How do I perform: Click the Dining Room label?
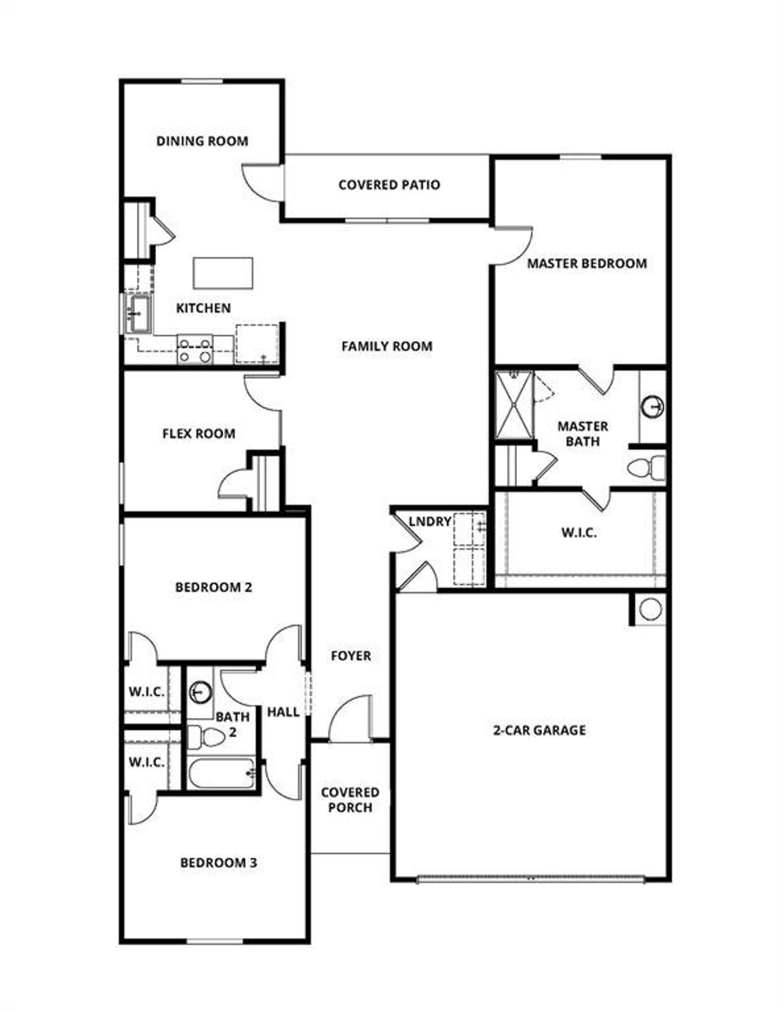pos(202,141)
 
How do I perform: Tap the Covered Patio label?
pos(389,184)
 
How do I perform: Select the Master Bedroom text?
pos(586,263)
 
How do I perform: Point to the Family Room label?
pos(386,346)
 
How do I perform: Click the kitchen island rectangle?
pos(223,273)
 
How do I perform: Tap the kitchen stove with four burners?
pos(195,350)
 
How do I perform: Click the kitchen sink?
pos(139,313)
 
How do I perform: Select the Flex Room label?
pos(198,433)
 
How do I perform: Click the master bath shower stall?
pos(514,404)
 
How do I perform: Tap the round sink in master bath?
pos(653,406)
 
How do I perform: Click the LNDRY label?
pos(430,522)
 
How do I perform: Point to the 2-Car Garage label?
pos(539,730)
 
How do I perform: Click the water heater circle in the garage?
pos(650,609)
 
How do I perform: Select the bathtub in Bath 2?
pos(221,773)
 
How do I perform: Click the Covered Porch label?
pos(350,800)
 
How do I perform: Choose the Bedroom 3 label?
pos(218,862)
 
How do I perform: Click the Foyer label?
pos(350,656)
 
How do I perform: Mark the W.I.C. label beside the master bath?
pos(578,533)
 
